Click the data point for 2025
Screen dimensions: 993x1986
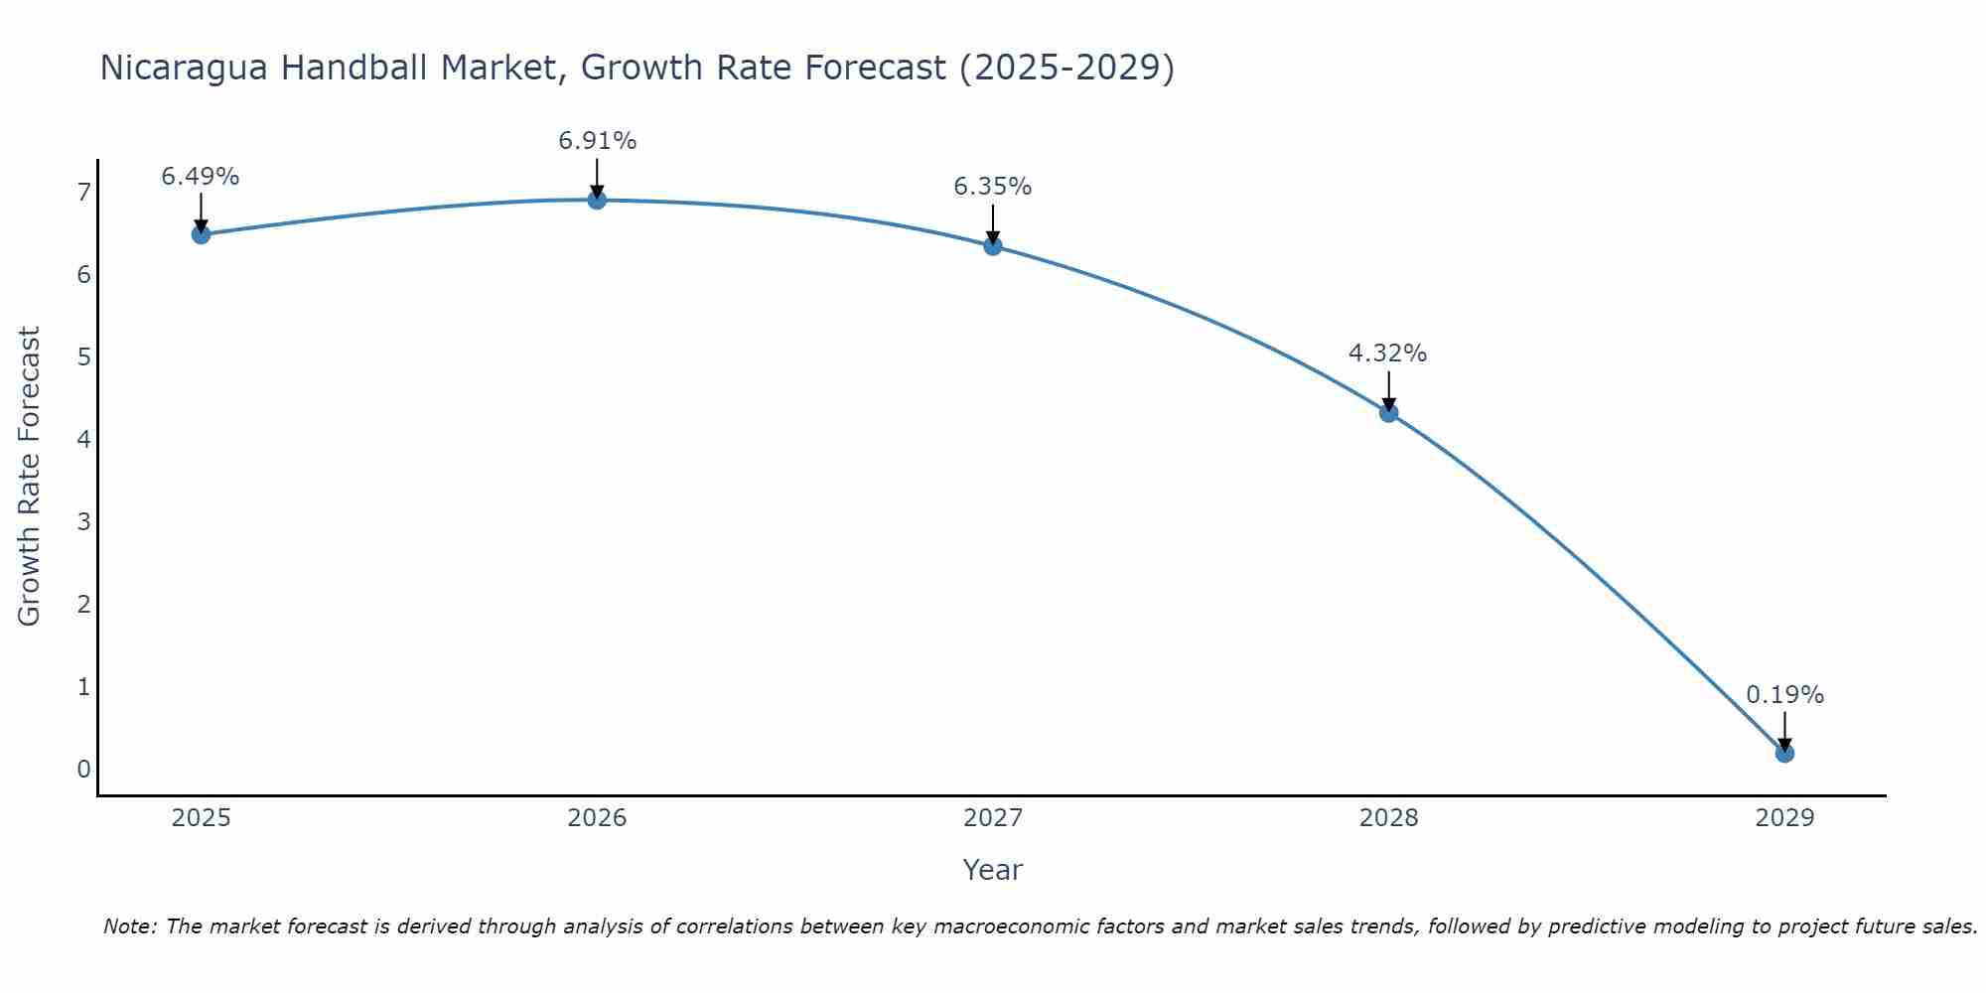201,234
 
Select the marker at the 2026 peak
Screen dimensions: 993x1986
597,200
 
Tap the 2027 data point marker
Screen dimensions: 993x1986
993,245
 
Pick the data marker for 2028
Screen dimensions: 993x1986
1388,413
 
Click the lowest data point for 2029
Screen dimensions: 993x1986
1784,754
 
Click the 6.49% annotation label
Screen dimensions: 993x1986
201,177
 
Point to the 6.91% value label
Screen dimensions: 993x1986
597,141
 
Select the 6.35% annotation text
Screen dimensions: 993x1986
993,187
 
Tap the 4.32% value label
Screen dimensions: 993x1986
1388,354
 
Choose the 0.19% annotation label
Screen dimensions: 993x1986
1784,695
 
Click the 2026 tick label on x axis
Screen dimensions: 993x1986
597,818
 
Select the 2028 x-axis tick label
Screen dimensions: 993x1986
1388,818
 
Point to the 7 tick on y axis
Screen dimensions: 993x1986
83,192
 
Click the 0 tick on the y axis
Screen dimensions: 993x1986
83,769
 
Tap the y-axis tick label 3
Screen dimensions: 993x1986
83,521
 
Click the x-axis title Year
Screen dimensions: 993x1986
993,870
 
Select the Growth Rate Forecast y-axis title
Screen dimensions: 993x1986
30,477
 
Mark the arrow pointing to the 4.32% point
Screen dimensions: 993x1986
1388,390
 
